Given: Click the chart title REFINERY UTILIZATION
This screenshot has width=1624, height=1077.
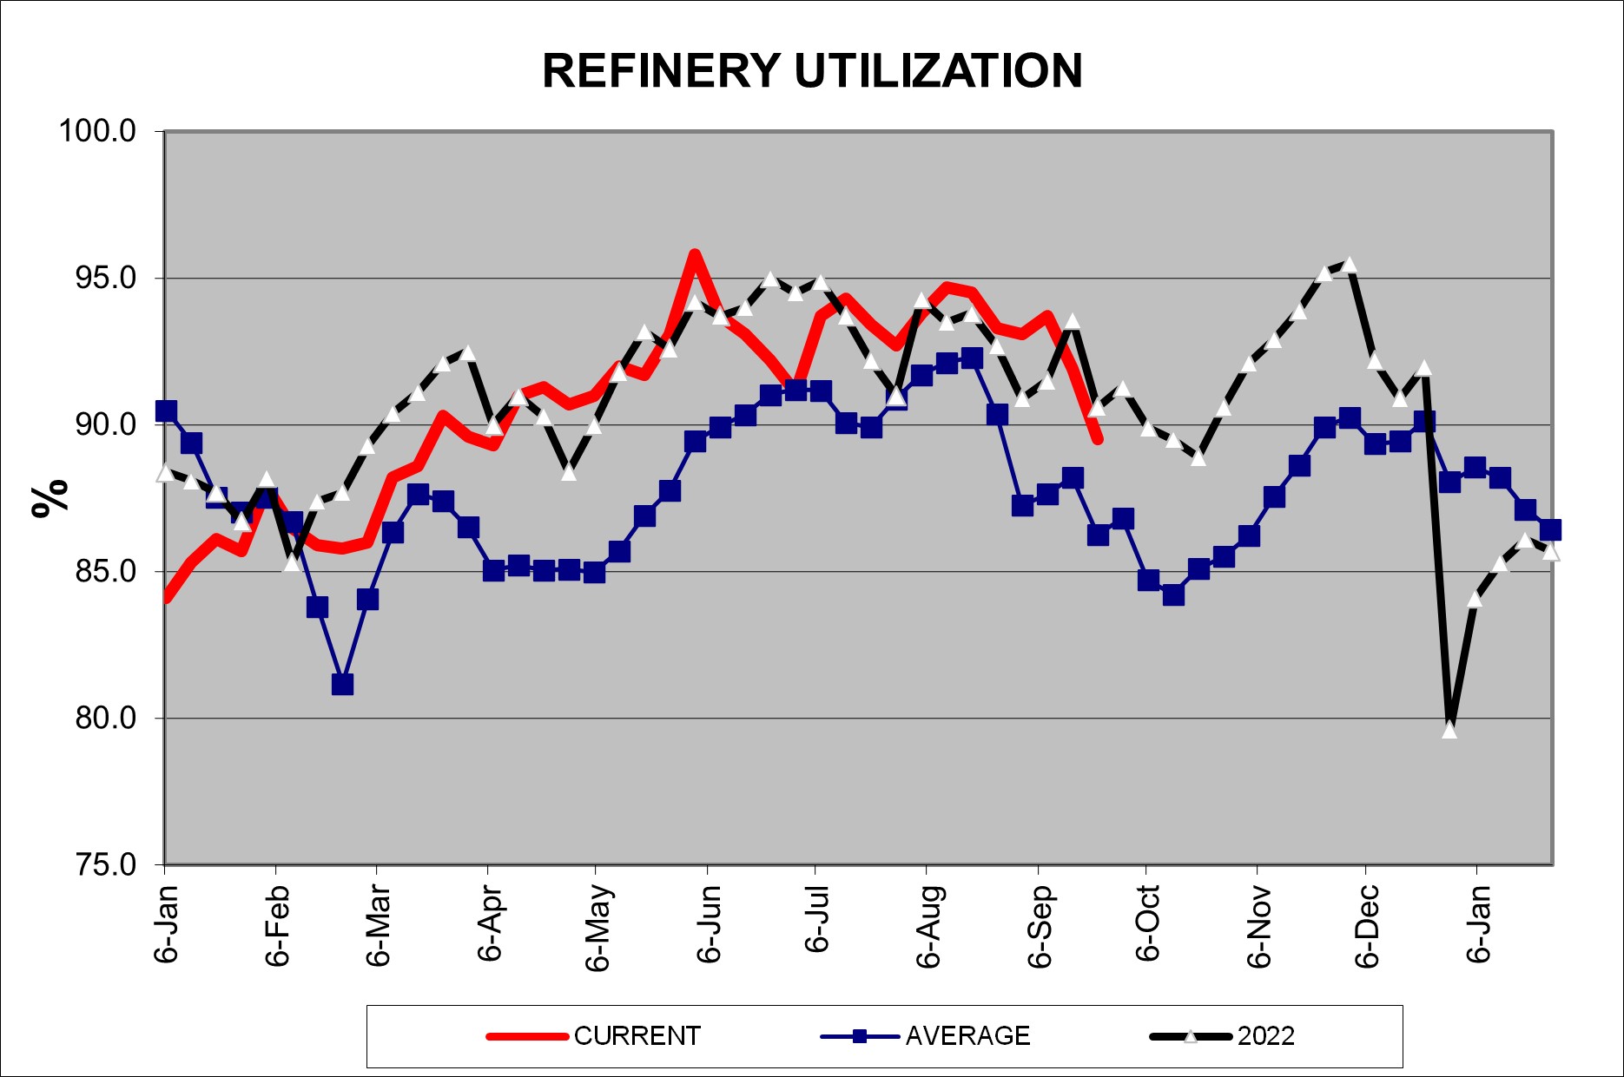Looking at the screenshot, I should coord(812,71).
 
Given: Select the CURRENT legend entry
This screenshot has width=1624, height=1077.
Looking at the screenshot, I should coord(637,1036).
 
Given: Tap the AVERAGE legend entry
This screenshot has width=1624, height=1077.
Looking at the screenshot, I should coord(967,1036).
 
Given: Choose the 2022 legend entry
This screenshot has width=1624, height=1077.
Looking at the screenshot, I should coord(1265,1036).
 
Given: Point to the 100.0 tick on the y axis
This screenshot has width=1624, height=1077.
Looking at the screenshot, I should coord(97,132).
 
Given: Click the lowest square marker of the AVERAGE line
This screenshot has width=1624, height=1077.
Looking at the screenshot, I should coord(342,685).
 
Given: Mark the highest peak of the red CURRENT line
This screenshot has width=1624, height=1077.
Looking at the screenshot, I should coord(695,254).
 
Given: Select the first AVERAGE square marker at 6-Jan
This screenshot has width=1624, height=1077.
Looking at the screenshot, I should coord(166,411).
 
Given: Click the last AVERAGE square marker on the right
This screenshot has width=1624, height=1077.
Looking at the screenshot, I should coord(1550,529).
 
